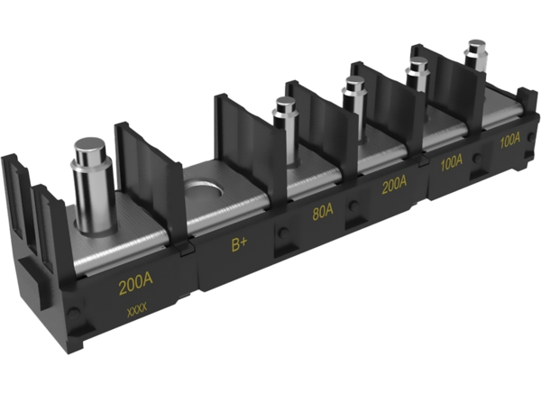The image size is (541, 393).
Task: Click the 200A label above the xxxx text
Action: (x=135, y=288)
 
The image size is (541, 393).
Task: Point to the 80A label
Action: (x=322, y=215)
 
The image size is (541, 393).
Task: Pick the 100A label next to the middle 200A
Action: (x=451, y=163)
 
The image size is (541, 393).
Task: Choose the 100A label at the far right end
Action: (x=509, y=142)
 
